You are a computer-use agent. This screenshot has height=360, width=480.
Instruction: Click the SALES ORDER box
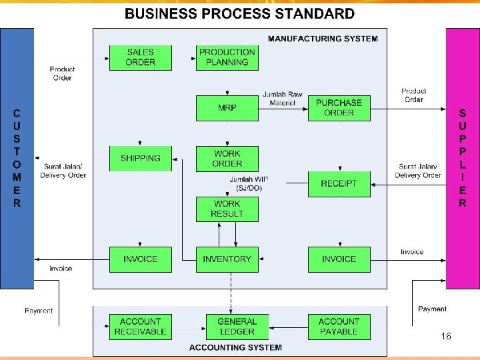pos(140,57)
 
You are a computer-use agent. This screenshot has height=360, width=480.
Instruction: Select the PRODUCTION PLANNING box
pos(227,57)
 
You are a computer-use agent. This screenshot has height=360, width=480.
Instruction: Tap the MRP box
pos(227,108)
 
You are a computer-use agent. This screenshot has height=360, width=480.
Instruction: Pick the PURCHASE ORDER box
pos(339,108)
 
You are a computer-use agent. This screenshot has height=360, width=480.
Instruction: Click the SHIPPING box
pos(140,159)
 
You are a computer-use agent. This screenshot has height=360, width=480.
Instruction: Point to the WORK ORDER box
pos(227,159)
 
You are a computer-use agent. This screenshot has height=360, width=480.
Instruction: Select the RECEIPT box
pos(339,183)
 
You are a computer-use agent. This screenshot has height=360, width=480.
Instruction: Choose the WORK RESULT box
pos(227,209)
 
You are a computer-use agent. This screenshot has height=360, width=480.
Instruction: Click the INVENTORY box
pos(227,259)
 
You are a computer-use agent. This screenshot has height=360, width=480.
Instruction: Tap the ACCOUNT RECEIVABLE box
pos(140,326)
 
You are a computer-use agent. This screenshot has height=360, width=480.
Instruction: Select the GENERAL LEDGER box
pos(236,326)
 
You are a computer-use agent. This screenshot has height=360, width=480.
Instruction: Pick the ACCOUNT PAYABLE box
pos(339,326)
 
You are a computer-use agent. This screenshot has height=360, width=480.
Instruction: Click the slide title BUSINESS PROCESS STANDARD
pos(239,13)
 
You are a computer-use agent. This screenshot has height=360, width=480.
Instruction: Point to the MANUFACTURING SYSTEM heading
pos(323,39)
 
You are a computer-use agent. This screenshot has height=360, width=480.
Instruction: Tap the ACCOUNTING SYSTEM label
pos(235,347)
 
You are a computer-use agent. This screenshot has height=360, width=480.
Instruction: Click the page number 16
pos(446,337)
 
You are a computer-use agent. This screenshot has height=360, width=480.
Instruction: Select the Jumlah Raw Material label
pos(283,99)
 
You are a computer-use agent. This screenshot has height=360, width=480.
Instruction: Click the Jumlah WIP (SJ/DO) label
pos(249,183)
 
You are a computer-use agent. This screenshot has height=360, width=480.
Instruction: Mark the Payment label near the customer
pos(39,311)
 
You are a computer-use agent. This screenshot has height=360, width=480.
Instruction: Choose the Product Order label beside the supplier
pos(413,95)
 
